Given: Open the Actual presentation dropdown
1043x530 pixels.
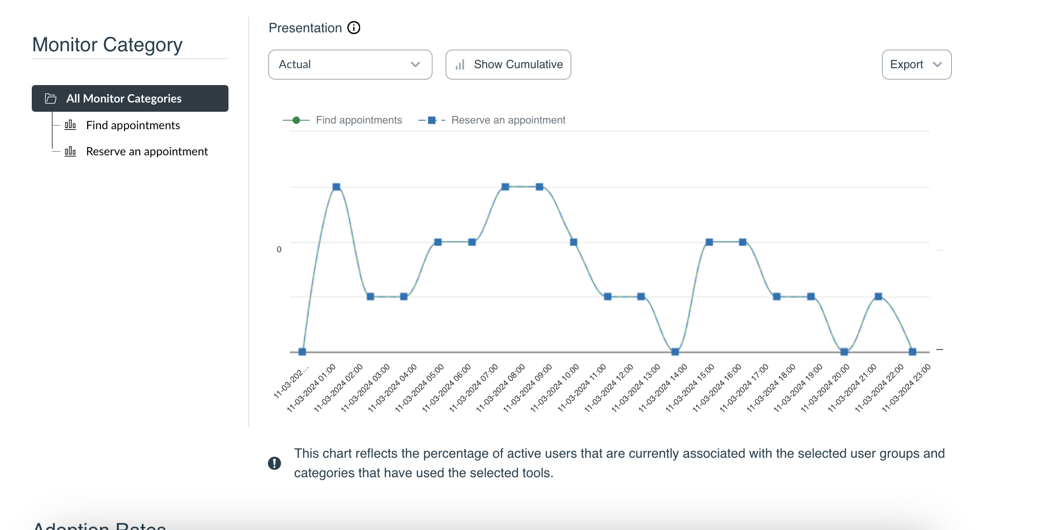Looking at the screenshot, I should [350, 65].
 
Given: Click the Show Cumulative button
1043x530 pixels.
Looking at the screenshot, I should [508, 65].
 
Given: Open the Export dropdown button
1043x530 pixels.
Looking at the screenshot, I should [916, 65].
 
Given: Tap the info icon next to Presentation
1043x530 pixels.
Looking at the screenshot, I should [354, 28].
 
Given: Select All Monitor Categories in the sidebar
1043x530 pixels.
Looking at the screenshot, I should [130, 98].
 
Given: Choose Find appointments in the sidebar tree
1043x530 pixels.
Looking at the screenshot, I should [133, 126].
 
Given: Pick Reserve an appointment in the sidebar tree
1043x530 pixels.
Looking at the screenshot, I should [147, 152].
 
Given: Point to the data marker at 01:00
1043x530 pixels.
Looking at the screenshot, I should [337, 187].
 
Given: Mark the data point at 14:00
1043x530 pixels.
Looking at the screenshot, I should [675, 352].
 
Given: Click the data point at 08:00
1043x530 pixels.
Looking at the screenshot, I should [539, 187].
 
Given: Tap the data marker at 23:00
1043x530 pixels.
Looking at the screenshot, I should [912, 352].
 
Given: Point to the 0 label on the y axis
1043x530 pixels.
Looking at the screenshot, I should [279, 250].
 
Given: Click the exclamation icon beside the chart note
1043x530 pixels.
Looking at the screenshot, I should [275, 463].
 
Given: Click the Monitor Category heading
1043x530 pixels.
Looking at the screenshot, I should [108, 45].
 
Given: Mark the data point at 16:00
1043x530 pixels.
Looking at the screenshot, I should [743, 242].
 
